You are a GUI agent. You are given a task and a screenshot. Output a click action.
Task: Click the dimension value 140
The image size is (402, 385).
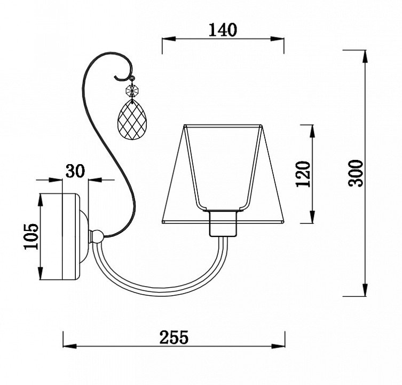click(223, 30)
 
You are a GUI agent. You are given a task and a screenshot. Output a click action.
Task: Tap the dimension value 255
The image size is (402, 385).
click(174, 337)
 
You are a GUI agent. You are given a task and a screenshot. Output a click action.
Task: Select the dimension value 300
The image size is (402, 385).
click(356, 173)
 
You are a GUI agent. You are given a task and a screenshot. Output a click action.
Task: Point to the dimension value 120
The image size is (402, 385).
click(303, 174)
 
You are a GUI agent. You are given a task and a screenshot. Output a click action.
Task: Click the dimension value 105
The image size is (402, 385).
click(31, 236)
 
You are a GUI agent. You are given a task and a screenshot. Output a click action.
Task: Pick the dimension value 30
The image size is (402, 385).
click(75, 171)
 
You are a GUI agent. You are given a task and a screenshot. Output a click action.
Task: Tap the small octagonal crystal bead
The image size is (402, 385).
click(132, 90)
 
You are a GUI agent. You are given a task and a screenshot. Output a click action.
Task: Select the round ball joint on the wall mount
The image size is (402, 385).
click(97, 236)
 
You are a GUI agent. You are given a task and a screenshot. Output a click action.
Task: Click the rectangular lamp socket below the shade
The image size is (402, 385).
click(223, 223)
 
